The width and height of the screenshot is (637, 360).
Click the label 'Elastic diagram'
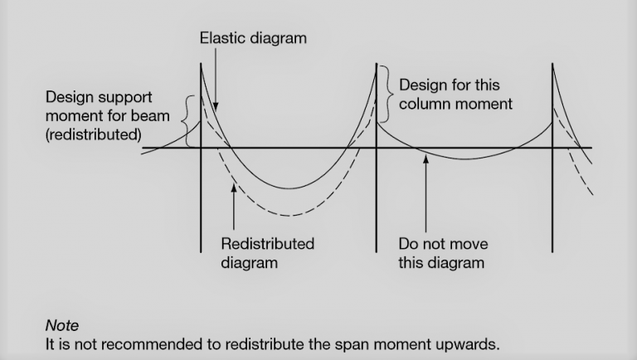[253, 38]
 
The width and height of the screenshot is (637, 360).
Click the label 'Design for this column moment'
[455, 95]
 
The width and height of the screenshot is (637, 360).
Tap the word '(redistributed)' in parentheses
[93, 134]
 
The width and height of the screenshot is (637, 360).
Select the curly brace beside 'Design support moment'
[191, 121]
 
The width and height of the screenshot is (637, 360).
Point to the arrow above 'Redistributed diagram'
[235, 207]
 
